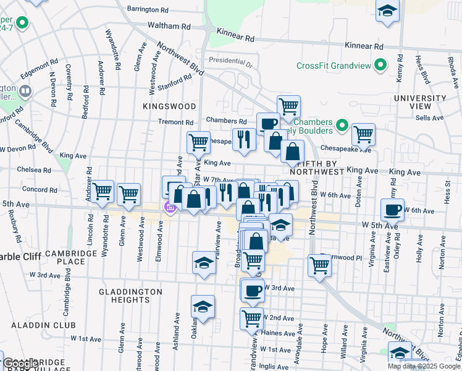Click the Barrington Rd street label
[147, 10]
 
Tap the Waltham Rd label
[169, 27]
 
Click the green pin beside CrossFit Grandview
[381, 65]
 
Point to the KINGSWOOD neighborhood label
[160, 106]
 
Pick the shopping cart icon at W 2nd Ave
[251, 318]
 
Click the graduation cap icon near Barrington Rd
[387, 11]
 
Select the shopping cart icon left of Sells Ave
[363, 133]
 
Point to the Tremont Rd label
[176, 122]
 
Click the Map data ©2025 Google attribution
[423, 366]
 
